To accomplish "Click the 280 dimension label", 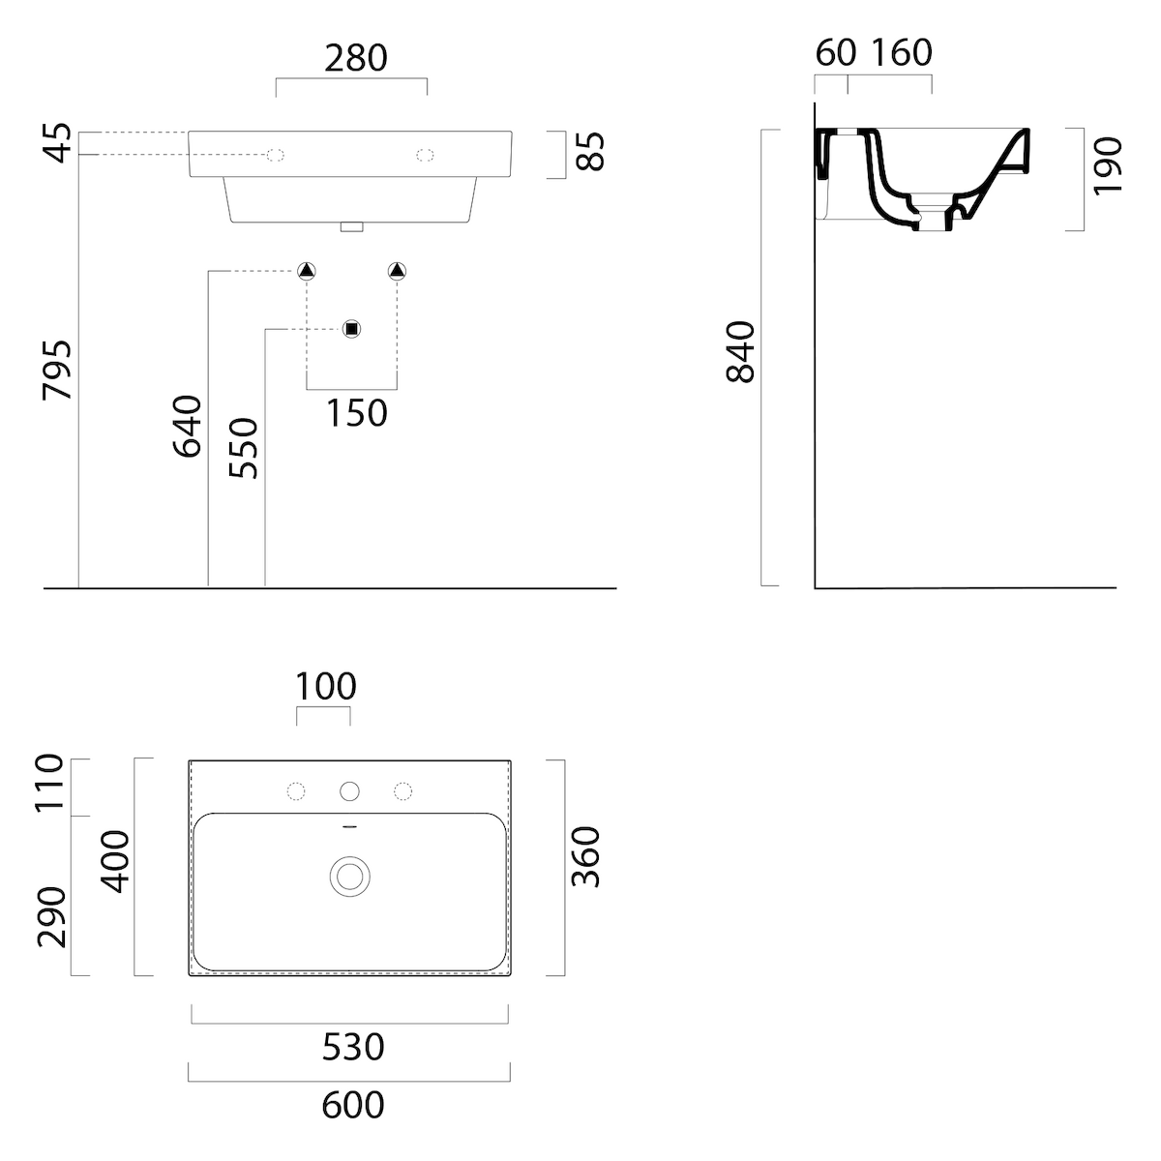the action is [x=355, y=58].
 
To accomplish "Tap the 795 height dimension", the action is [x=57, y=370].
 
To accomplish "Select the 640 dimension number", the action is [x=187, y=426].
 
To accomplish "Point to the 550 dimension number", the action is [x=244, y=448].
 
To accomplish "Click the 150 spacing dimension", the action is [x=357, y=413].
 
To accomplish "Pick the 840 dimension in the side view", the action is [x=740, y=352].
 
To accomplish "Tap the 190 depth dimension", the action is [x=1108, y=166].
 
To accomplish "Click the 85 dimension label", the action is [x=589, y=151].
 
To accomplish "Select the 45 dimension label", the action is [x=57, y=143].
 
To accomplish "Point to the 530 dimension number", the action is [x=353, y=1047].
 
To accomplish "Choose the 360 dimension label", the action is [x=585, y=857].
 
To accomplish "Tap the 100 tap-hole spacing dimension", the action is [x=326, y=686].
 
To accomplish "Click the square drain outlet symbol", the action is [x=352, y=329].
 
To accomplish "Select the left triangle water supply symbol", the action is [x=307, y=271].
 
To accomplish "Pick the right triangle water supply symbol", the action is [x=397, y=271].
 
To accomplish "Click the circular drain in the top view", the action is [x=350, y=877].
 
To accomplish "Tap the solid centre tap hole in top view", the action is [x=349, y=791].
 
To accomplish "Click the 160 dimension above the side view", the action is [x=902, y=53].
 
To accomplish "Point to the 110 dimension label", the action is [x=50, y=784].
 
